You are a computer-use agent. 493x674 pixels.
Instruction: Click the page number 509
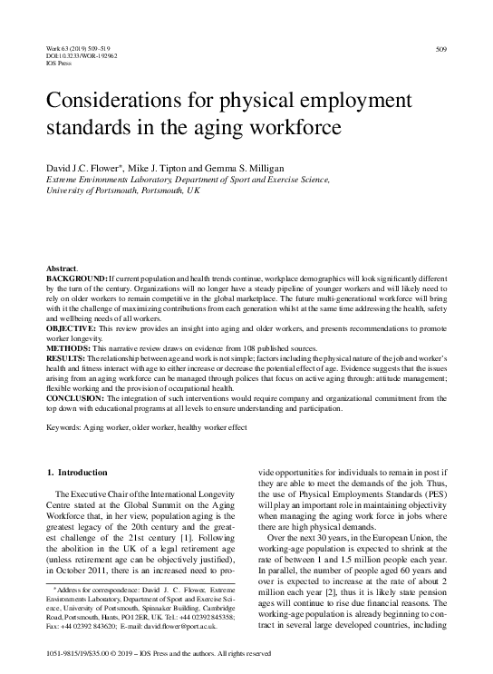pyautogui.click(x=441, y=47)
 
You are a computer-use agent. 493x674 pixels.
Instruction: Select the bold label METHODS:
pyautogui.click(x=68, y=345)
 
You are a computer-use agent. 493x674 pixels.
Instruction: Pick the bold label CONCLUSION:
pyautogui.click(x=75, y=396)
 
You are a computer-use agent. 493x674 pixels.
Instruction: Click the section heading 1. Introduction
pyautogui.click(x=80, y=472)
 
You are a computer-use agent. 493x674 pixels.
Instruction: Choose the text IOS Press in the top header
pyautogui.click(x=57, y=63)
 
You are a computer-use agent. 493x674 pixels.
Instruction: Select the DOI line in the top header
pyautogui.click(x=76, y=55)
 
